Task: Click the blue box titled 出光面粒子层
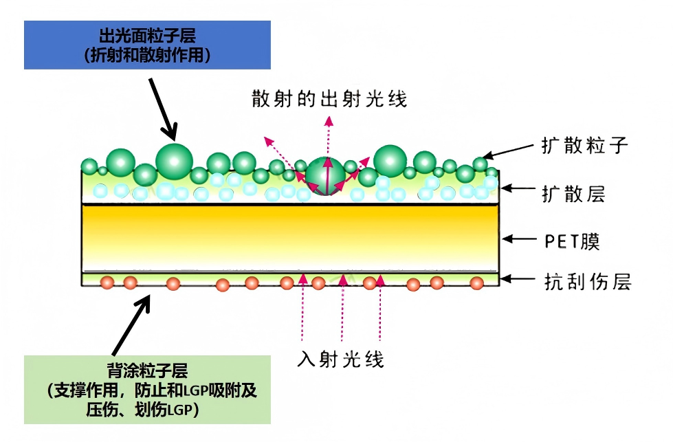(x=147, y=45)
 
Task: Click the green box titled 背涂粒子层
(x=147, y=390)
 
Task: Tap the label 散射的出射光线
(x=329, y=99)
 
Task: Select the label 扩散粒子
(x=584, y=146)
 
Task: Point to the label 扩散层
(x=573, y=194)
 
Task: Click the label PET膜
(x=572, y=241)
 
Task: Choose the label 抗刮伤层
(x=588, y=282)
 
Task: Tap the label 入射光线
(x=341, y=359)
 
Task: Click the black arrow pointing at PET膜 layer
(x=519, y=239)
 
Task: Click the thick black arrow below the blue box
(x=163, y=109)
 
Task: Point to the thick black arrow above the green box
(x=131, y=325)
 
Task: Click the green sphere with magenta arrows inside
(x=325, y=177)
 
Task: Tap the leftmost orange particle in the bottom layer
(x=107, y=283)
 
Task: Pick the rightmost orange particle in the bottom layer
(x=476, y=283)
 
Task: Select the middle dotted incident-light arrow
(x=342, y=307)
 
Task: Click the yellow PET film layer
(x=290, y=238)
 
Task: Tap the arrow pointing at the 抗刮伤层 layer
(x=518, y=279)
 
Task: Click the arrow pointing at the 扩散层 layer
(x=518, y=188)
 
